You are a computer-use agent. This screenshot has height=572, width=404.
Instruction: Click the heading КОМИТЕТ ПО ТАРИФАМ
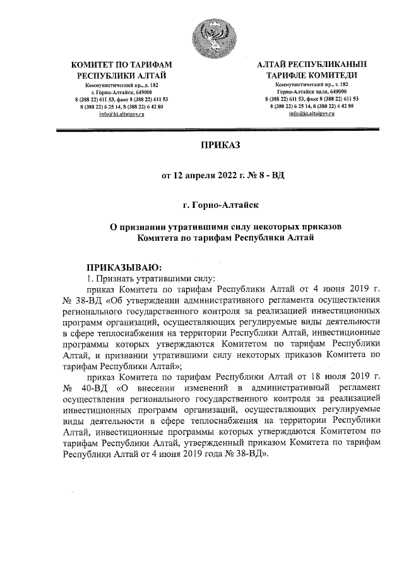(122, 64)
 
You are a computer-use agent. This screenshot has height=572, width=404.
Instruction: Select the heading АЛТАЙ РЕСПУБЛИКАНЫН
(312, 64)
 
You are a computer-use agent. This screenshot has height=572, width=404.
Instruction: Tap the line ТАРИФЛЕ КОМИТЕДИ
(312, 75)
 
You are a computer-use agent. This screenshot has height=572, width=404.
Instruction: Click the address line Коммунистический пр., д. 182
(122, 85)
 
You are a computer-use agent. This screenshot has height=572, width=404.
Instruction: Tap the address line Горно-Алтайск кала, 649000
(312, 92)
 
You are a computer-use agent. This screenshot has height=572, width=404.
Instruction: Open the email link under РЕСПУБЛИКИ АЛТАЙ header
(122, 113)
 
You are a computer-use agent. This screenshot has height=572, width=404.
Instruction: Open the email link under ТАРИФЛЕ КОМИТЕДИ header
(312, 113)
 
